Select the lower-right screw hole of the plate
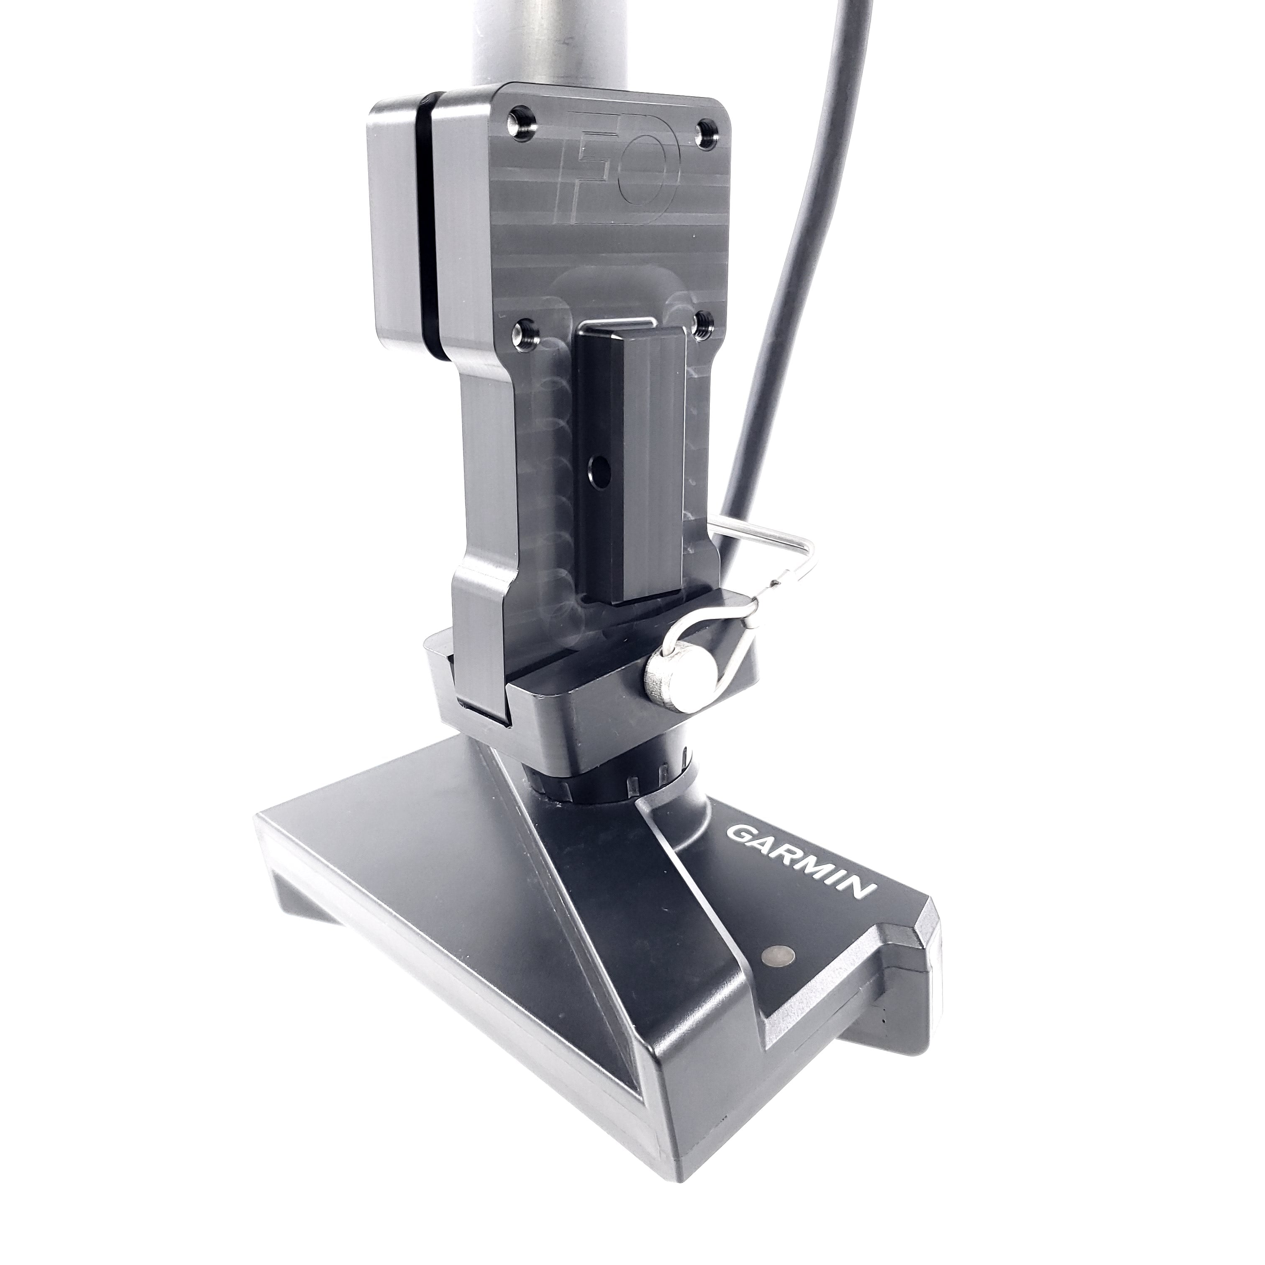click(x=704, y=324)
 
